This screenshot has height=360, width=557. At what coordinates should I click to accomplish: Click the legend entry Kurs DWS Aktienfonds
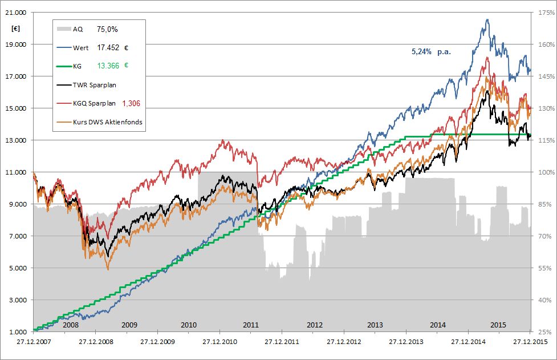107,122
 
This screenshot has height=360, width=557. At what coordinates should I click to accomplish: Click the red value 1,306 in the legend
131,103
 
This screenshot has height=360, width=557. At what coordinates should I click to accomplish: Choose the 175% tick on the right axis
544,13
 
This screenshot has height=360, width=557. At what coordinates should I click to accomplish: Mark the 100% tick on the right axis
544,172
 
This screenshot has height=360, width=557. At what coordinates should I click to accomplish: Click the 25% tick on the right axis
546,332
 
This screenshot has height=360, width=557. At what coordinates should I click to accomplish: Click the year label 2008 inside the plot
70,325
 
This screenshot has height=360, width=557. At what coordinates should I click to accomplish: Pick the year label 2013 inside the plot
375,325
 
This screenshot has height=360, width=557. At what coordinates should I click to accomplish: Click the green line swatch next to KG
63,67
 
